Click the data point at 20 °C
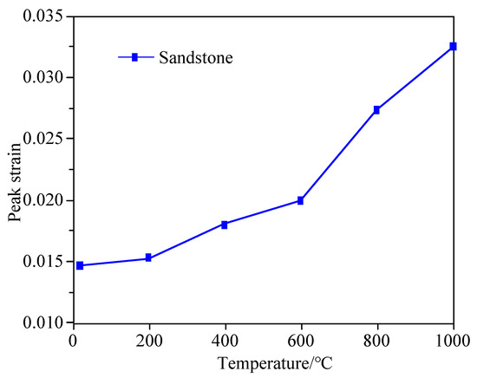80,265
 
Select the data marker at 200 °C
148,257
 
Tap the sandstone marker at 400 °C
225,224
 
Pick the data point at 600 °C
300,200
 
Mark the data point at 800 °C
376,109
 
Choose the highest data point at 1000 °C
453,46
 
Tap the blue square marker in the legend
134,57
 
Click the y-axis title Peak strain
16,169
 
